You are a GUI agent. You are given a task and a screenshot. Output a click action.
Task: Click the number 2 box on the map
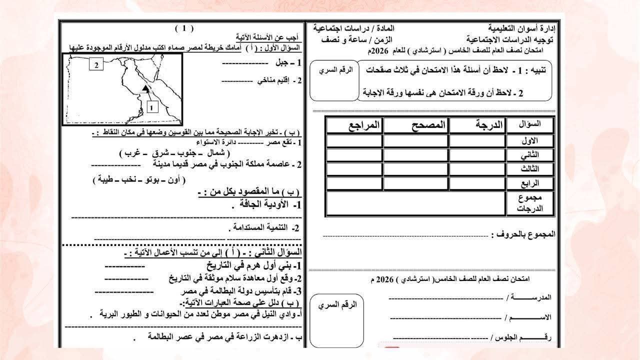(x=96, y=64)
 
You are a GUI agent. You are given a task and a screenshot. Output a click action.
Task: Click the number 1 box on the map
(x=152, y=106)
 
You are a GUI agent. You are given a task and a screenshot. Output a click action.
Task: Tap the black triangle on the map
(x=145, y=88)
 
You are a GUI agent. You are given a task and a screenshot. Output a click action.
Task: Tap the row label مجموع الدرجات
(x=529, y=203)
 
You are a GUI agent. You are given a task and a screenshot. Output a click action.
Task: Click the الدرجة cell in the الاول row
(x=477, y=140)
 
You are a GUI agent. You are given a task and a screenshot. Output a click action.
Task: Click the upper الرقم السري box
(x=335, y=80)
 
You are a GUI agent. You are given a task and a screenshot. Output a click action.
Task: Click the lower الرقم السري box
(x=336, y=320)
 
